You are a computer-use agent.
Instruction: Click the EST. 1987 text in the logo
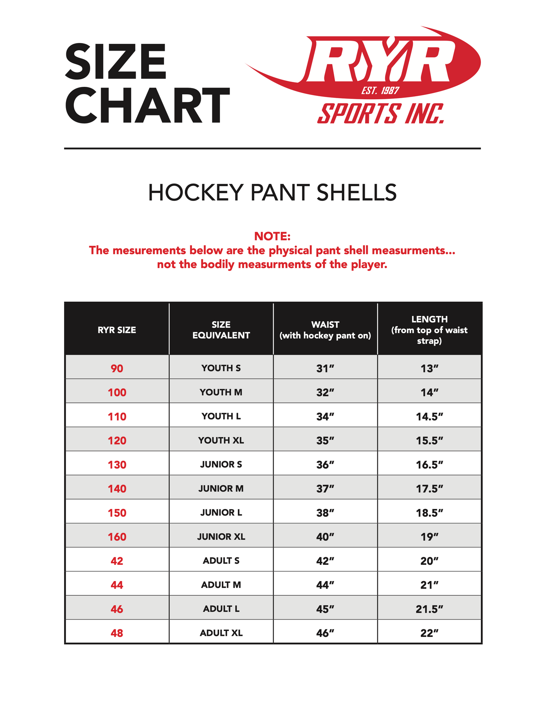[x=380, y=91]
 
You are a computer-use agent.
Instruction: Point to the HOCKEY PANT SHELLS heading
[x=272, y=193]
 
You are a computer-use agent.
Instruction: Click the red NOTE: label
[x=272, y=236]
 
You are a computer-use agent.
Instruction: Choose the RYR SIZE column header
[x=117, y=330]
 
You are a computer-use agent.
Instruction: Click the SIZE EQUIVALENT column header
[x=221, y=330]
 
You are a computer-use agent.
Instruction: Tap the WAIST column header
[x=325, y=330]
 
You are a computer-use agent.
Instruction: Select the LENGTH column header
[x=429, y=330]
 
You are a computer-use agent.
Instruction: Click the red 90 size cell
[x=117, y=368]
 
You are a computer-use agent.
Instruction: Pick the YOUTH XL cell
[x=221, y=441]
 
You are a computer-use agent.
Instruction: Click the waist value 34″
[x=325, y=417]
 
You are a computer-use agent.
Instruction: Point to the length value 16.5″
[x=429, y=465]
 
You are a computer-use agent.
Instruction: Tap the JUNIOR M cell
[x=221, y=489]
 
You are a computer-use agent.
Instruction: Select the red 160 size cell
[x=117, y=537]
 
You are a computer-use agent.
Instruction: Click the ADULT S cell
[x=221, y=561]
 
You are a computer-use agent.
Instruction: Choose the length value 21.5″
[x=429, y=609]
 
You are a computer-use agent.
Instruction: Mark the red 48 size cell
[x=117, y=633]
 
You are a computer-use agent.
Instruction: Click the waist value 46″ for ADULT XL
[x=325, y=633]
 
